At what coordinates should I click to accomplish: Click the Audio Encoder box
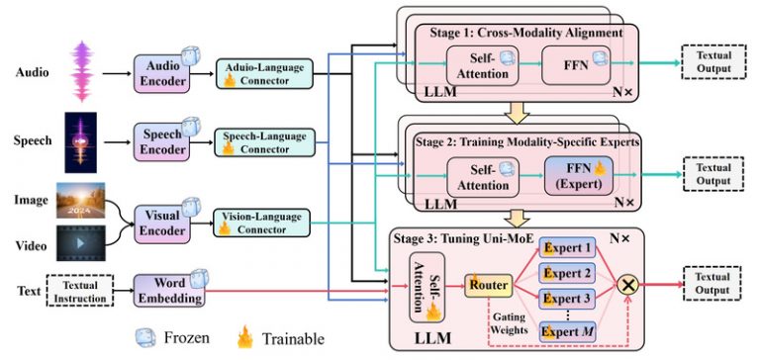click(x=163, y=73)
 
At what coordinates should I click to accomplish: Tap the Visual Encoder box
click(x=163, y=222)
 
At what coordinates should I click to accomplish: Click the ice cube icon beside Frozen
click(x=144, y=338)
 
